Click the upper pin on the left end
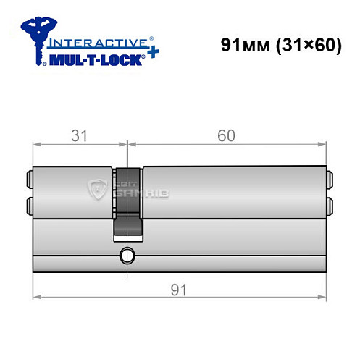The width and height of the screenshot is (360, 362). coord(29,176)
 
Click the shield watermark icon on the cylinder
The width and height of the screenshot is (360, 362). coord(96,190)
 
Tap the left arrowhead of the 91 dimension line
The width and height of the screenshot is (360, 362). coord(37,297)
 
